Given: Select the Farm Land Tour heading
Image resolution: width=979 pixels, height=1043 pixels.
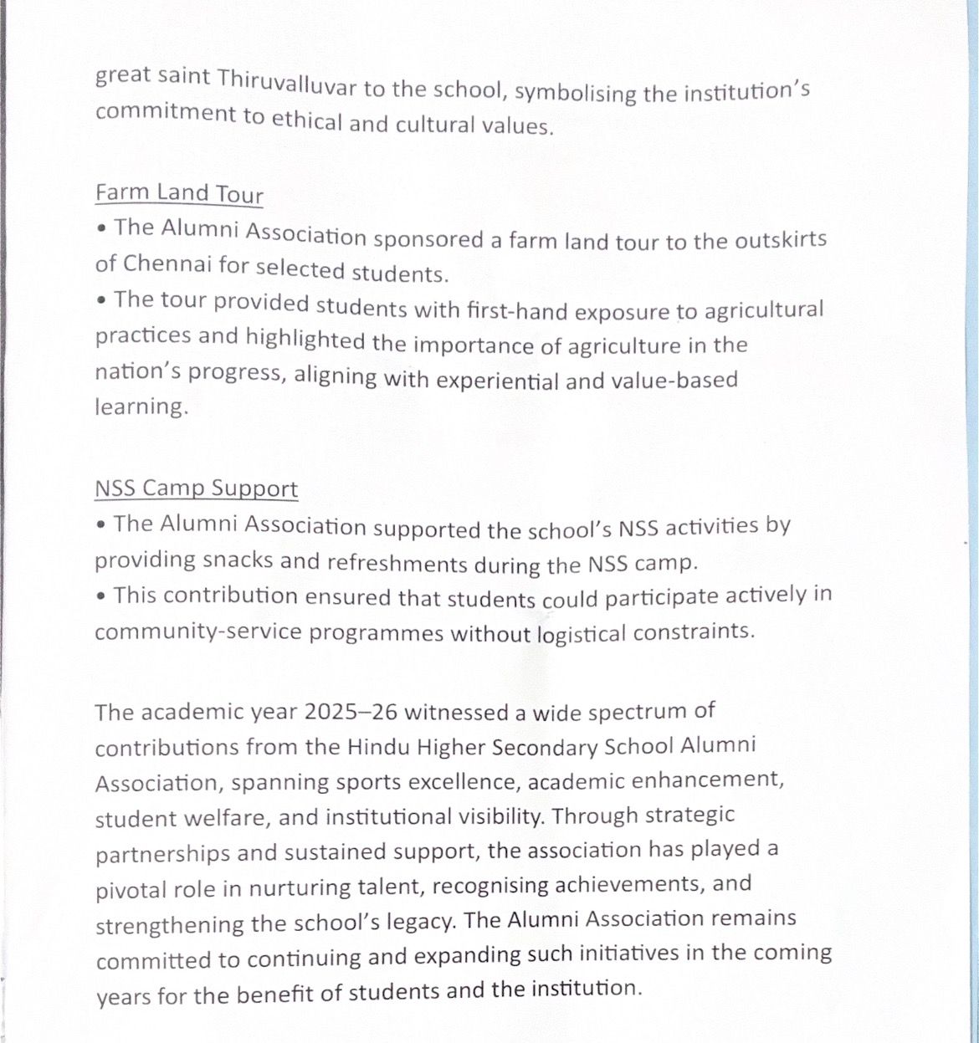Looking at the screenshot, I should [x=179, y=193].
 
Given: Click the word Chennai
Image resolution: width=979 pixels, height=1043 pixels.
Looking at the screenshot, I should [x=167, y=264].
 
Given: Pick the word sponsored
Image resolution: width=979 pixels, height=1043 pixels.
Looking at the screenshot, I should [x=427, y=238].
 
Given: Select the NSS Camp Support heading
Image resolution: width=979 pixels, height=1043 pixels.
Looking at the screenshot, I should [x=196, y=488].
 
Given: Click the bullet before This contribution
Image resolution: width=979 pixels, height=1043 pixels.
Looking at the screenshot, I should [x=100, y=596].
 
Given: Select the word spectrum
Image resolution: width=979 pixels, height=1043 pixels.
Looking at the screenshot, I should [x=637, y=712].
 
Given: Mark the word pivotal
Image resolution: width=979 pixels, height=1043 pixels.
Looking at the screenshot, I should [x=131, y=889].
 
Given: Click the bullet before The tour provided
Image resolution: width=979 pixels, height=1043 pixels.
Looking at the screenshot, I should [x=100, y=299].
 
